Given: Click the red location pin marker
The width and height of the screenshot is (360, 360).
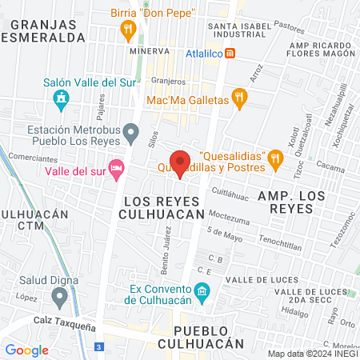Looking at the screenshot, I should pos(181,163).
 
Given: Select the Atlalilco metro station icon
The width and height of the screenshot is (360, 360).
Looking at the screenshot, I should pos(230,53).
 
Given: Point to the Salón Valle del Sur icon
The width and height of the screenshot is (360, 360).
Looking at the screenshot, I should pos(61,100).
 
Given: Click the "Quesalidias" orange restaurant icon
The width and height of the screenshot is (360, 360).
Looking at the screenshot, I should pos(276,157).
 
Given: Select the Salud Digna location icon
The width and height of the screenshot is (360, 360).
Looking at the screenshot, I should pos(58,298).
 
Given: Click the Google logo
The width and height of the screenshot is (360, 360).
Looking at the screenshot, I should pos(26,350).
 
